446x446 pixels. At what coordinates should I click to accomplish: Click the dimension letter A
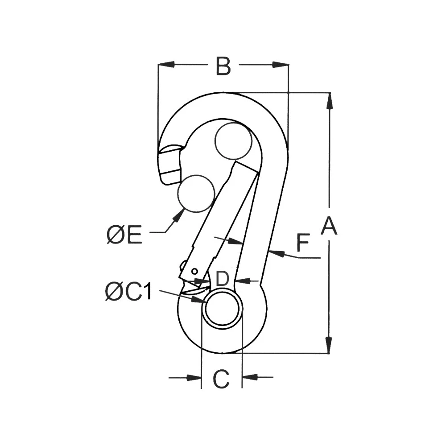coord(329,226)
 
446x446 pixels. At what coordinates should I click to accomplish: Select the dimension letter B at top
coord(223,66)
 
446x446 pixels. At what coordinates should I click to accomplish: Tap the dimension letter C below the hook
coord(221,379)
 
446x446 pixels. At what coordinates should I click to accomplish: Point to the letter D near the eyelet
coord(222,279)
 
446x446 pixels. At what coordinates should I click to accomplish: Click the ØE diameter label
coord(124,235)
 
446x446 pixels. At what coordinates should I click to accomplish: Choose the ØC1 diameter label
coord(129,292)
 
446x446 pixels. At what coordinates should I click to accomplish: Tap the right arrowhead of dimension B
coord(281,65)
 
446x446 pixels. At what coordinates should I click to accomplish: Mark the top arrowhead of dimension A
coord(329,100)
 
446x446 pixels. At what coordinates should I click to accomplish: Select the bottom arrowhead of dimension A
coord(329,345)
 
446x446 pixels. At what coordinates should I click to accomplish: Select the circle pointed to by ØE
coord(195,193)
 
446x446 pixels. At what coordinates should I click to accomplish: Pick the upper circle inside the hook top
coord(233,141)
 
